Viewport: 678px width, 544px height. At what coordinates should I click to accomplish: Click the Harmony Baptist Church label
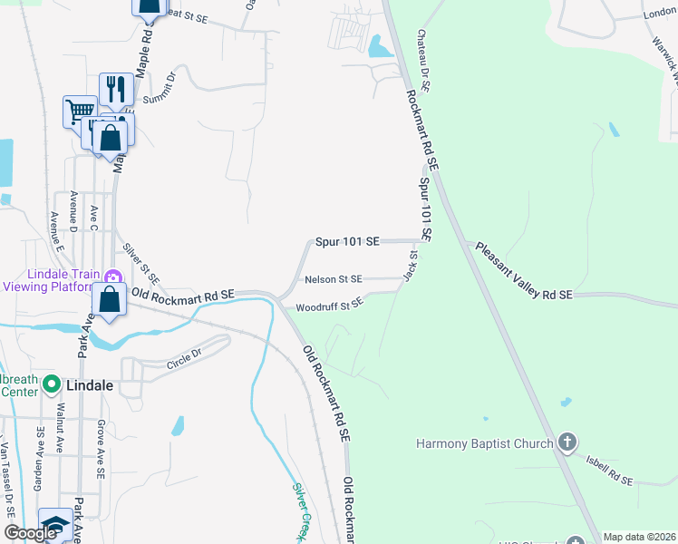point(484,443)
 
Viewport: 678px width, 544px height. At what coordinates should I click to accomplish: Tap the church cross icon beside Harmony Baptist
point(567,442)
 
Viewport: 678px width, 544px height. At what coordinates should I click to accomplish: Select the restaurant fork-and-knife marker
point(115,89)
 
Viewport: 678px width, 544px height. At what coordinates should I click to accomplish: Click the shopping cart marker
point(80,112)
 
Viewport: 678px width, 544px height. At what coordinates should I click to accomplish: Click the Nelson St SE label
point(334,279)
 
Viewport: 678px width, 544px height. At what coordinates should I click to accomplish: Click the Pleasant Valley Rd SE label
point(524,270)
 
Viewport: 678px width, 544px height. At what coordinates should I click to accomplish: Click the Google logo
point(30,533)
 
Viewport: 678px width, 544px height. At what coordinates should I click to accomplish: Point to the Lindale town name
point(91,385)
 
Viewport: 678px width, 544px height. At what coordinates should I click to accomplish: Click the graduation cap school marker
point(55,524)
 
